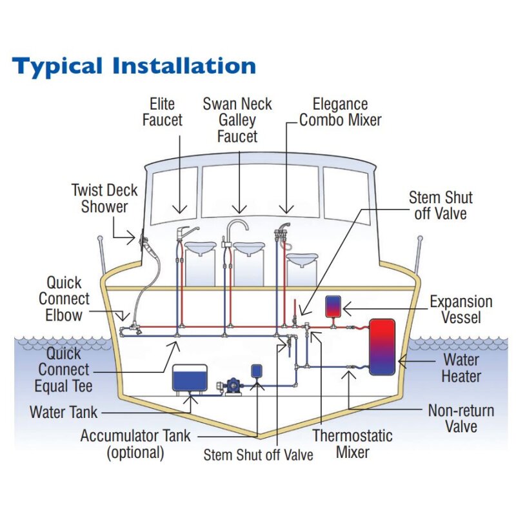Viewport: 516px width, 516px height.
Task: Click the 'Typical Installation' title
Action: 134,66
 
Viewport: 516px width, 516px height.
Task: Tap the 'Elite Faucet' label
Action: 162,112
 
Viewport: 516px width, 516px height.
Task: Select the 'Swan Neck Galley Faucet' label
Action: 237,120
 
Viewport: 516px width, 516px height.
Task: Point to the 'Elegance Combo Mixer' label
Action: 340,112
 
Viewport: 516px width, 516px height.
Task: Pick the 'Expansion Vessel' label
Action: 461,310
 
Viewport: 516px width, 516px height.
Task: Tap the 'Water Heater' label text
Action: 461,367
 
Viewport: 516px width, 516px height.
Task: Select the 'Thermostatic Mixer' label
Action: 352,443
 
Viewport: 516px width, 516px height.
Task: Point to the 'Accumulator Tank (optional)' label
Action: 135,444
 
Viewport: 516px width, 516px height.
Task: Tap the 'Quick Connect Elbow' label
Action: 64,299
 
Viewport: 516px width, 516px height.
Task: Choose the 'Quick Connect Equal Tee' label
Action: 64,370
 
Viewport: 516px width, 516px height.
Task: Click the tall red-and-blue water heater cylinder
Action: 382,346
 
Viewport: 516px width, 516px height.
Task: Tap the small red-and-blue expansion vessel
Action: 333,305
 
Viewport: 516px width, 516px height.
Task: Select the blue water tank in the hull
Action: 190,377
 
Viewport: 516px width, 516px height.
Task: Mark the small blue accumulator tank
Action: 257,370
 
